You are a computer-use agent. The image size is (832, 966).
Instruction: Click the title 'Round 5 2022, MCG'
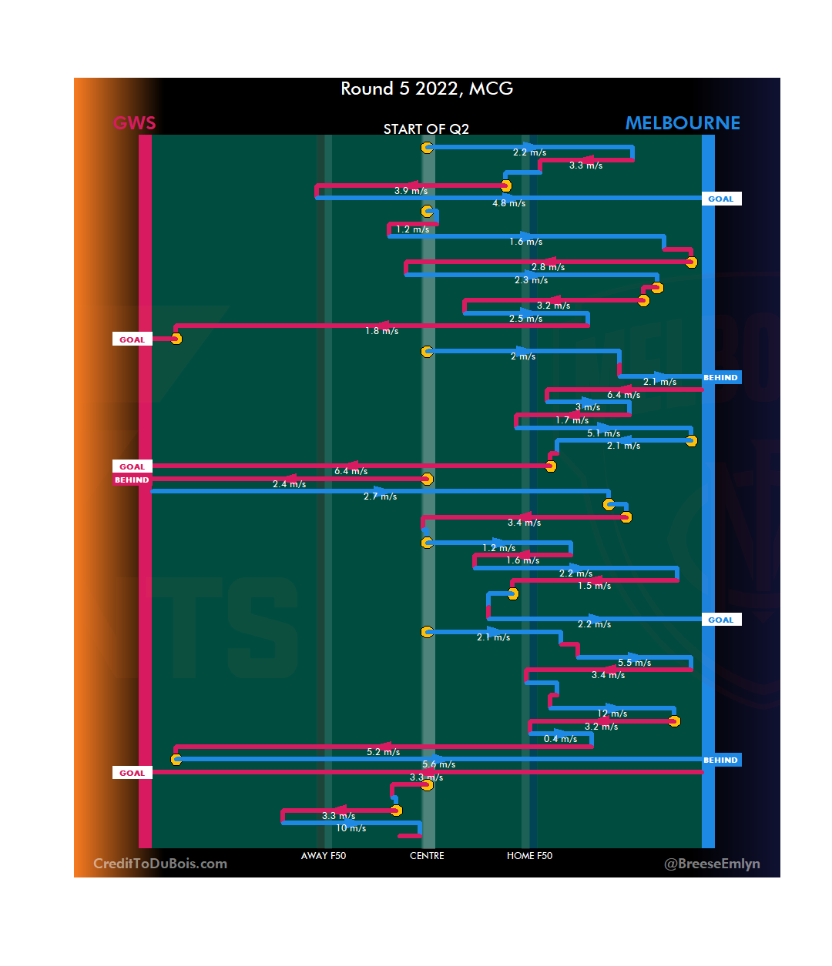tap(427, 89)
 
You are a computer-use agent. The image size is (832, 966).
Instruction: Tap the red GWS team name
tap(134, 123)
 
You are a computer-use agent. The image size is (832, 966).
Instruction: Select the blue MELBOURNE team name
tap(683, 123)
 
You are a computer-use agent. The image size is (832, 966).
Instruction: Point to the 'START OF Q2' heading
tap(426, 129)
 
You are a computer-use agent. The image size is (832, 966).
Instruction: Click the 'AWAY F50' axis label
tap(324, 856)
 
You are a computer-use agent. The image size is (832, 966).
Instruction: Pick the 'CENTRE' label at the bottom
tap(427, 856)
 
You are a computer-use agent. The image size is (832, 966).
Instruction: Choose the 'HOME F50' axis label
tap(529, 856)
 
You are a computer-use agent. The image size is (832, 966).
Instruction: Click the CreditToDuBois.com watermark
tap(160, 864)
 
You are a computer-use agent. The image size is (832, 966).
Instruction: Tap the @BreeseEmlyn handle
tap(712, 864)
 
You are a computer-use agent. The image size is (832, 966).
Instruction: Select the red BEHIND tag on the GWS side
tap(132, 480)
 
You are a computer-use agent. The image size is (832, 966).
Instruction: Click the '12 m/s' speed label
tap(612, 714)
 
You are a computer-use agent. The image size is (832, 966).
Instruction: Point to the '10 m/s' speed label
tap(351, 828)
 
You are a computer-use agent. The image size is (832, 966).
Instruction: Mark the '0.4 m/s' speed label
tap(560, 739)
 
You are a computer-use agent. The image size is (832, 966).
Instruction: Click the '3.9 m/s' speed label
tap(411, 191)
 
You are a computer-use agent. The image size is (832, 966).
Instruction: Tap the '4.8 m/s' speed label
tap(509, 203)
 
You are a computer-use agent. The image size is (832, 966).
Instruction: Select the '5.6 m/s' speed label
tap(438, 764)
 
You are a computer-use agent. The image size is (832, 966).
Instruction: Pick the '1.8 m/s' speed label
tap(381, 331)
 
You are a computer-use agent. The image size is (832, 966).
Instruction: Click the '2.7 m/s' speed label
tap(380, 496)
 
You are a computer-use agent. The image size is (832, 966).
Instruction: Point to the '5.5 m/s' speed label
tap(634, 663)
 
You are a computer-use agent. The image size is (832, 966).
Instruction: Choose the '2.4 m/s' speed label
tap(289, 484)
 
